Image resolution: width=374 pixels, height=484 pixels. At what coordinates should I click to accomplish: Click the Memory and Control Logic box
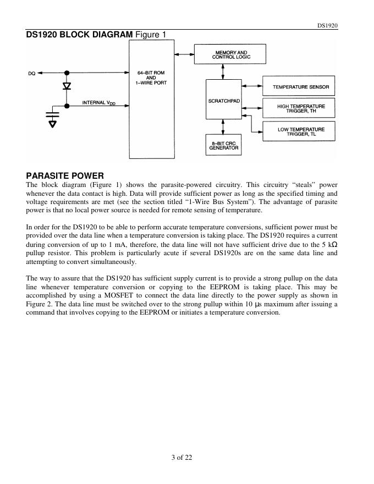point(230,54)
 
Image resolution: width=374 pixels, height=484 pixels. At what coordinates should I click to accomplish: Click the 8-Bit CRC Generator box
point(223,145)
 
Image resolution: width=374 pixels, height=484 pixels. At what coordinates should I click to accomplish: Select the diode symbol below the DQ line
point(67,87)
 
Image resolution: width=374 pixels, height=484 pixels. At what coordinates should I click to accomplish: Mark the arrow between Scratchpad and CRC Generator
point(223,127)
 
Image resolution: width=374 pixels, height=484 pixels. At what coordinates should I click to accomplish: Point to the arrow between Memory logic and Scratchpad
point(223,71)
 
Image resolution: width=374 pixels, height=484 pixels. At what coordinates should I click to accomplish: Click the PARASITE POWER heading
point(65,176)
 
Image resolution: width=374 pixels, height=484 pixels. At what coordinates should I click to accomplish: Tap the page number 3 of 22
point(182,457)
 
